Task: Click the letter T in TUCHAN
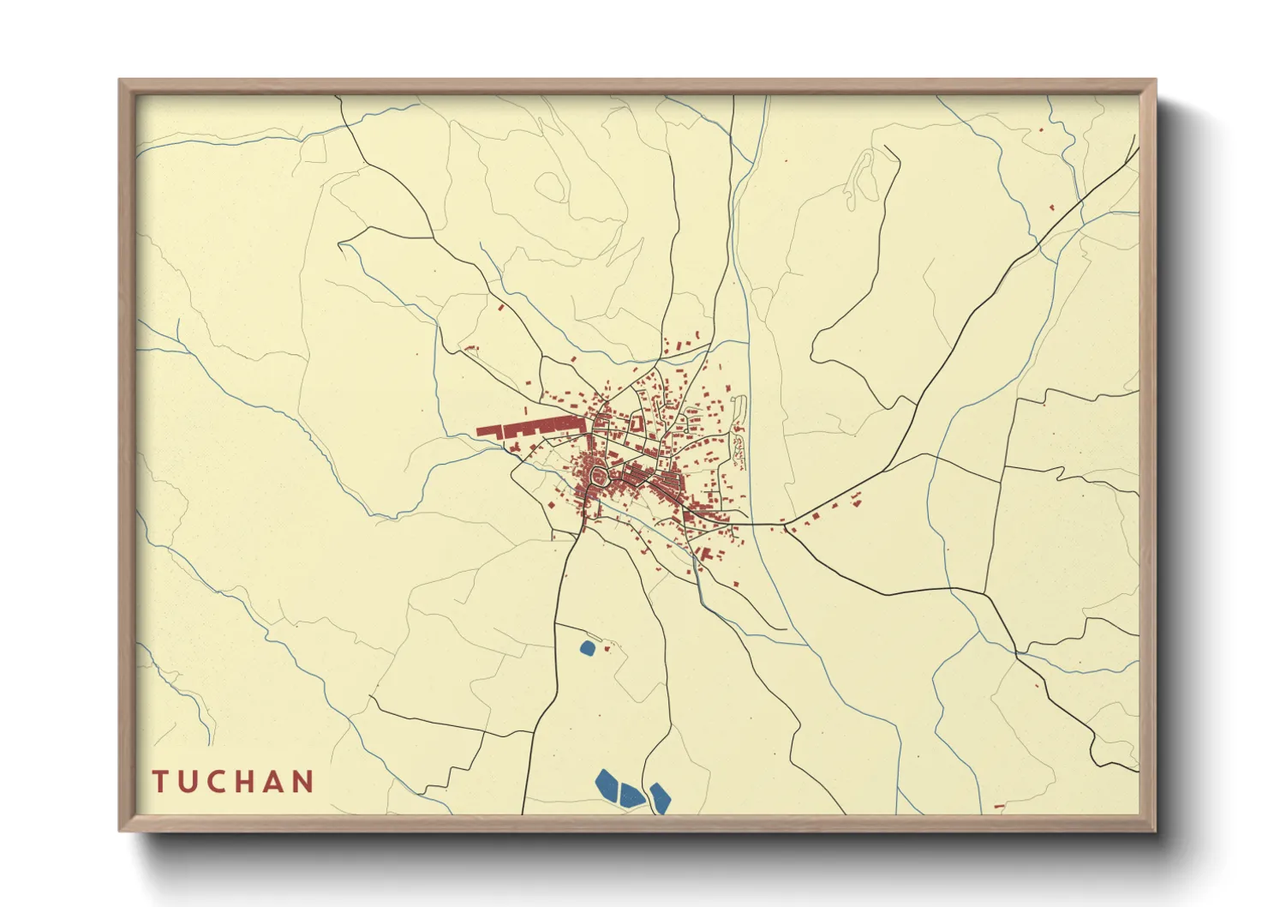coord(160,782)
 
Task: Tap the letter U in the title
coord(189,782)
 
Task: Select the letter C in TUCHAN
coord(218,782)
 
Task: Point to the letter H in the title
coord(247,782)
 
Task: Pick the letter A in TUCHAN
coord(276,782)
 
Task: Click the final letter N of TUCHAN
coord(304,782)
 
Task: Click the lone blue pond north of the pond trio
coord(587,648)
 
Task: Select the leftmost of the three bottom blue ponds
coord(607,784)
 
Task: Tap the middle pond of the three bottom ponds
coord(631,796)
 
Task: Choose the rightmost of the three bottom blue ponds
coord(660,797)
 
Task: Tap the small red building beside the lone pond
coord(607,648)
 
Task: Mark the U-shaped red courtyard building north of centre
coord(637,423)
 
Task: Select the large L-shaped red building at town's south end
coord(707,555)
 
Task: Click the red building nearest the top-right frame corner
coord(1041,130)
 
